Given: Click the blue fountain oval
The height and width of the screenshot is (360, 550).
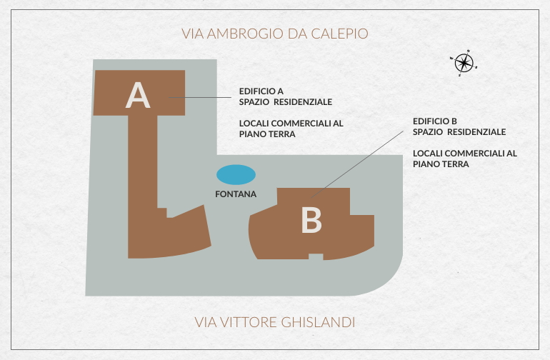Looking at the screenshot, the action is (236, 175).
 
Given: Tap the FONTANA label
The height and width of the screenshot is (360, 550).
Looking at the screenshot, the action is (236, 194).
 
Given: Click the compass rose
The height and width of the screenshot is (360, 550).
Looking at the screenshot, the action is (464, 63).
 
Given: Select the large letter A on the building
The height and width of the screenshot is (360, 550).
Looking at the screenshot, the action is (138, 95).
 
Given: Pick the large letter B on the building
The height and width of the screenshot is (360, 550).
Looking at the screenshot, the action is (311, 220).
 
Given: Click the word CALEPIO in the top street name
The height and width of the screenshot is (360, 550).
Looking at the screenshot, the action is (339, 34).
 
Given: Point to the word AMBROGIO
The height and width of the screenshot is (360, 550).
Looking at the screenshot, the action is (245, 34).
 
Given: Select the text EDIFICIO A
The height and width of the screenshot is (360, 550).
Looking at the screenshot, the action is (261, 91).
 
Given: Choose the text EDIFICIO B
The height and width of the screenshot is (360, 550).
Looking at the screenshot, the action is (435, 121).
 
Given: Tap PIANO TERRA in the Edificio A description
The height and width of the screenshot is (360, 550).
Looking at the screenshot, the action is (267, 134).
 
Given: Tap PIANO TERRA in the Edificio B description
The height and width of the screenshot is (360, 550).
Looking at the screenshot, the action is (441, 164).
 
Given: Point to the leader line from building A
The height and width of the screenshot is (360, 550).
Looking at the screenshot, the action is (200, 97).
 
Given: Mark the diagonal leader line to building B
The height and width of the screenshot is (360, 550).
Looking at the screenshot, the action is (357, 164).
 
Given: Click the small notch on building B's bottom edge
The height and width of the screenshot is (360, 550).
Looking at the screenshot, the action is (316, 256).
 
